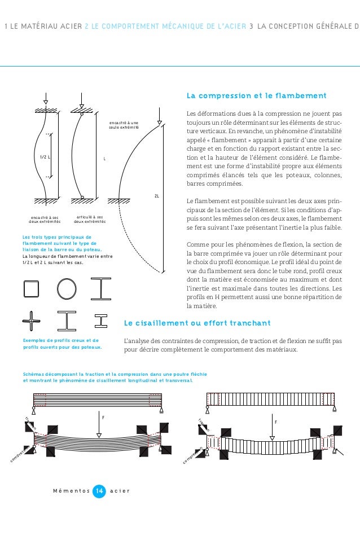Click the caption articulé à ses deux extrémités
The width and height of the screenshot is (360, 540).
click(x=90, y=219)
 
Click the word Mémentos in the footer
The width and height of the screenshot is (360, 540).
click(x=70, y=491)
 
